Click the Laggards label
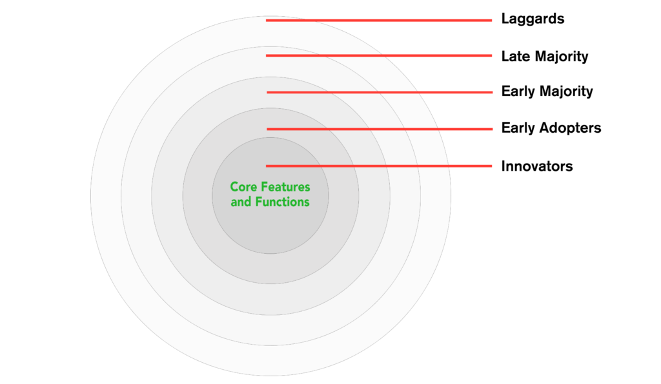point(533,19)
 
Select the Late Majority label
point(545,56)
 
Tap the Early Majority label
point(547,91)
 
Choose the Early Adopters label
point(551,128)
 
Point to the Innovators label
point(536,166)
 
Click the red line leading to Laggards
point(379,20)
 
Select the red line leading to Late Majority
point(379,55)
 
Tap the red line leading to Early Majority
point(380,92)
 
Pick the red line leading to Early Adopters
point(380,129)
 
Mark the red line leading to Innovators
point(379,166)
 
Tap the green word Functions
point(283,202)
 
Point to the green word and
point(241,202)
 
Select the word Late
point(516,56)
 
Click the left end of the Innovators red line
point(267,166)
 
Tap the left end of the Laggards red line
point(267,20)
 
